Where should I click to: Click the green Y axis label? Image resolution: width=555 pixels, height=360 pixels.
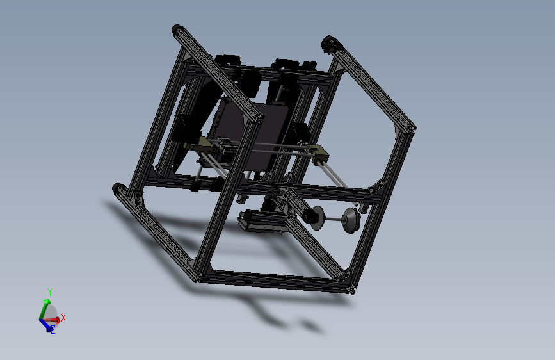click(x=49, y=292)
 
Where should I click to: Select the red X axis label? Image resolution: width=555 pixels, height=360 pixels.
click(x=63, y=318)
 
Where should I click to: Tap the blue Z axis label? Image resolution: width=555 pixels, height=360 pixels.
click(x=52, y=331)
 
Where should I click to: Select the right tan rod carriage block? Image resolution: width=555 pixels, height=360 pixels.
click(x=316, y=151)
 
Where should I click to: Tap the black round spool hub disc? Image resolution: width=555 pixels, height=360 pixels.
click(x=314, y=218)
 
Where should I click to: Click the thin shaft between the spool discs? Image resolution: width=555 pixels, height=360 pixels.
click(x=332, y=222)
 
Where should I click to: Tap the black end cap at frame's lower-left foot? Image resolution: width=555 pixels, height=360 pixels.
click(x=119, y=190)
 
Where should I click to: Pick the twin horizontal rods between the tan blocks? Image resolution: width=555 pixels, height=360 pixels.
click(x=262, y=149)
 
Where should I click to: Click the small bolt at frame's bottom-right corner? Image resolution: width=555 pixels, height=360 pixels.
click(x=353, y=291)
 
